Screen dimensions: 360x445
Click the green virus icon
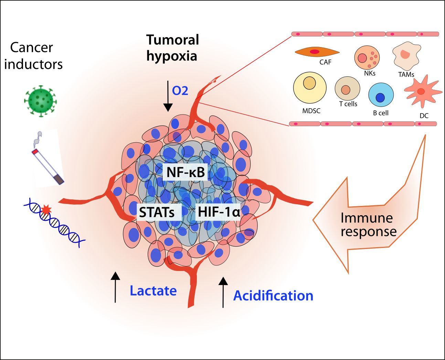[x=40, y=101]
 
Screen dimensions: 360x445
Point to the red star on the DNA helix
[x=46, y=209]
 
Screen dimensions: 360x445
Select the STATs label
[x=157, y=212]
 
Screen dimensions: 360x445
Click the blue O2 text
[x=180, y=91]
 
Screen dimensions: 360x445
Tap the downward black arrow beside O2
[x=168, y=96]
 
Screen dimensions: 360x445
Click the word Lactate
[x=153, y=291]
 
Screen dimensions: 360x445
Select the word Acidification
[x=273, y=296]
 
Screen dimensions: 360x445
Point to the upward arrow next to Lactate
[x=115, y=287]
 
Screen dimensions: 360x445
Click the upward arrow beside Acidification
[x=223, y=292]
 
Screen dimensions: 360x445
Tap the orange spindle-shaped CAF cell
[x=317, y=52]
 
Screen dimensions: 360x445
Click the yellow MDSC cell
[x=310, y=87]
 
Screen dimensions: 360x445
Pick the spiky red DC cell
[x=422, y=91]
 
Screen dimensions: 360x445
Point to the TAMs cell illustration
[x=406, y=56]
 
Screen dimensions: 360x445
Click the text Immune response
[x=368, y=225]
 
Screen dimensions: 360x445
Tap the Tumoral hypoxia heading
[x=172, y=47]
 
